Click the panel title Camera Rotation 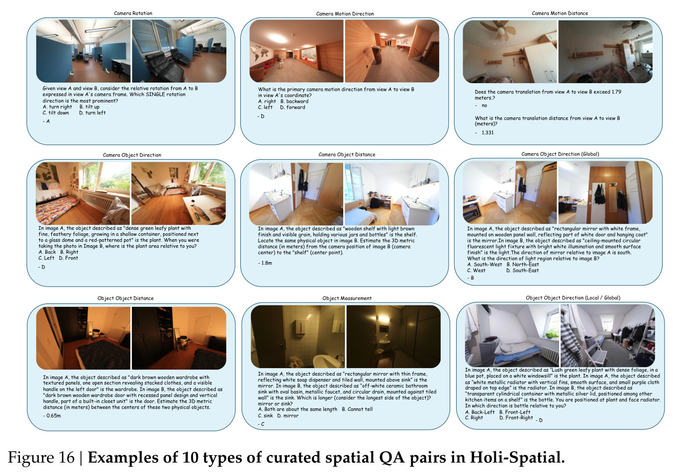tap(133, 13)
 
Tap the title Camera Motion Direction tap(345, 14)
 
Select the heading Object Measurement tap(347, 298)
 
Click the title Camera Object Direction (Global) tap(560, 154)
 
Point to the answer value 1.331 tap(487, 132)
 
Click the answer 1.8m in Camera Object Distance tap(267, 263)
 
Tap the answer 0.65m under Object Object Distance tap(54, 416)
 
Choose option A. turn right tap(57, 107)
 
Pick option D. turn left tap(93, 113)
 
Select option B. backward tap(294, 101)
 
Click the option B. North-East tap(523, 265)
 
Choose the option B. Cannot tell tap(357, 409)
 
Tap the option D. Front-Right tap(516, 418)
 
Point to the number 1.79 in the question tap(616, 92)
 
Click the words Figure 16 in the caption tap(41, 458)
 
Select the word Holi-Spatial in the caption tap(517, 458)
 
